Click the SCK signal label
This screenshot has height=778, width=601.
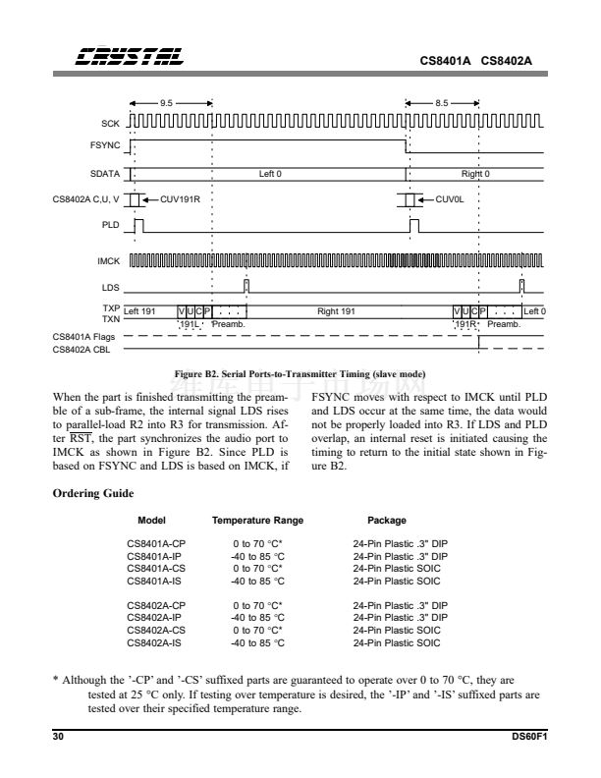point(111,124)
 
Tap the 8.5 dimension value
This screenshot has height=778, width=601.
point(443,101)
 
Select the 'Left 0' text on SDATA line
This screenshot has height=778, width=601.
point(270,174)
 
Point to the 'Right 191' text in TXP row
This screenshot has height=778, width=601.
point(336,310)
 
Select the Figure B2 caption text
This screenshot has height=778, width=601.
point(300,375)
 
